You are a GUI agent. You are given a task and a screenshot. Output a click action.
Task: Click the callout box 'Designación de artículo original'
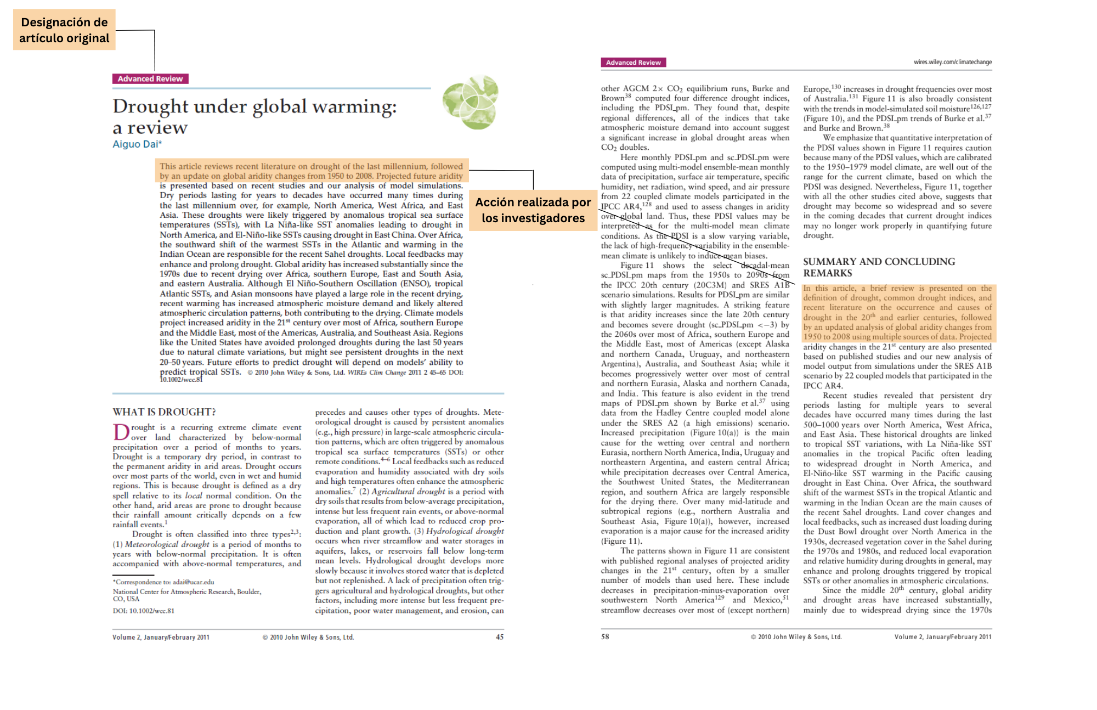point(64,30)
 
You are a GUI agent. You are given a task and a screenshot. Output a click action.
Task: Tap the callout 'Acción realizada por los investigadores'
point(533,210)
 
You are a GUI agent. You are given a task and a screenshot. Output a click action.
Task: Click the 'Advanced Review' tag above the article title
point(150,79)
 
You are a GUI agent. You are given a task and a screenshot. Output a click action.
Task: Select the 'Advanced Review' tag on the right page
point(633,63)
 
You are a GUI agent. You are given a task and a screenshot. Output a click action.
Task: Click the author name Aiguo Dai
point(136,144)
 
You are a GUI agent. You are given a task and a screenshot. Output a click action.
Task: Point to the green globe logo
point(471,103)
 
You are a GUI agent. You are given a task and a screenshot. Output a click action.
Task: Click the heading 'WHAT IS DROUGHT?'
point(164,412)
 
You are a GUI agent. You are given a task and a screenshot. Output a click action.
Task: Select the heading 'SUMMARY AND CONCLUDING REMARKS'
point(879,267)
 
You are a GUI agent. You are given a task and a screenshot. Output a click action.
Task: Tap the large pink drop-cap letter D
point(121,432)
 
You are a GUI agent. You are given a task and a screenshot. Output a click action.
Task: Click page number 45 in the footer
point(500,637)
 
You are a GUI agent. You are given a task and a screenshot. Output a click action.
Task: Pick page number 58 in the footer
point(605,636)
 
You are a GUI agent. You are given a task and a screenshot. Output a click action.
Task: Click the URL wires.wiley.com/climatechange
point(953,62)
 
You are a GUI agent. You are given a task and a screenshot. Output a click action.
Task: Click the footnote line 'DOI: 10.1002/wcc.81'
point(144,611)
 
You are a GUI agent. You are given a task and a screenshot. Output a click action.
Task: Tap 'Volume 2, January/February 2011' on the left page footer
point(161,637)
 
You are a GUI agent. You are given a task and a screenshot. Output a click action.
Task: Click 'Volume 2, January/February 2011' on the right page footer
point(943,636)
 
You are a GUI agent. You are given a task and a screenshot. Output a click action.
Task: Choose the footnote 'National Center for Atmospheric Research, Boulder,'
point(187,591)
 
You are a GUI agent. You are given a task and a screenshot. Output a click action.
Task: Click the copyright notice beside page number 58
point(796,636)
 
